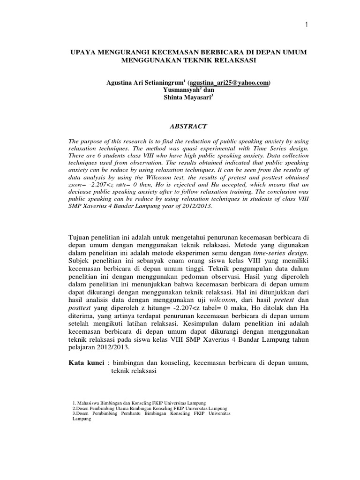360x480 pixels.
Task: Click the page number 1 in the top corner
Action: [x=306, y=25]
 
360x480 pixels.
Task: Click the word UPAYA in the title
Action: [x=82, y=52]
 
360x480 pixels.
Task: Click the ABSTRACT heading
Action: [x=187, y=126]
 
